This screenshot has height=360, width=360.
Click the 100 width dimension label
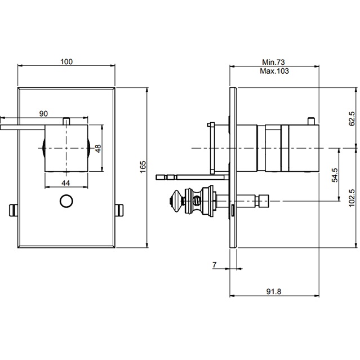click(66, 61)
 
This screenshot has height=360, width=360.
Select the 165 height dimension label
click(143, 167)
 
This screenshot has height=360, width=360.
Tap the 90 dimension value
click(43, 114)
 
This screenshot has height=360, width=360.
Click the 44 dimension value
click(66, 183)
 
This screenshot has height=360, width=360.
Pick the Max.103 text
click(274, 72)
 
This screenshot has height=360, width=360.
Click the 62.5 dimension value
click(352, 119)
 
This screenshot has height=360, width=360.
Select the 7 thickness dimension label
click(215, 264)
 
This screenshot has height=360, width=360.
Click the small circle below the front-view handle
click(66, 201)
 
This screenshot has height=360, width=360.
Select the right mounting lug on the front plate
click(119, 210)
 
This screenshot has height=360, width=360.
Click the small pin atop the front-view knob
click(66, 121)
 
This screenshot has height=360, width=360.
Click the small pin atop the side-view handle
click(311, 119)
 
